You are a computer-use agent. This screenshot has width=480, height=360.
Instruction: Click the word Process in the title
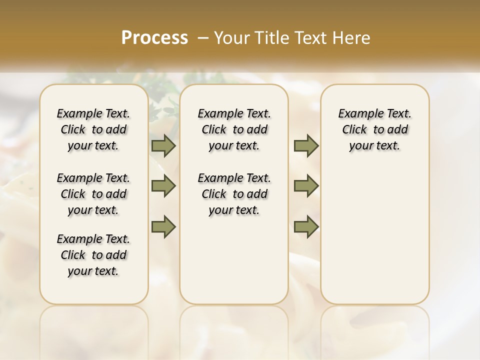tap(154, 37)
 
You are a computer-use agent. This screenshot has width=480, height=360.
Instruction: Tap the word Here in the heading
tap(352, 37)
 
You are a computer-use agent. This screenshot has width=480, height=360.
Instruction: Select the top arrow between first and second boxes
tap(163, 145)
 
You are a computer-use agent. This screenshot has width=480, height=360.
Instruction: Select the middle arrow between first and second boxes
tap(163, 186)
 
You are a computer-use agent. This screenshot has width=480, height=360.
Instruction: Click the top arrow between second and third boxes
tap(306, 145)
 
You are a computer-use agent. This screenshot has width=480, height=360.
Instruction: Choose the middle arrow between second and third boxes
tap(306, 186)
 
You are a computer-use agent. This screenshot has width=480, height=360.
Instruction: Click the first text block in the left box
tap(93, 129)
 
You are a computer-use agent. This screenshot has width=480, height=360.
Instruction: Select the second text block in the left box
tap(93, 194)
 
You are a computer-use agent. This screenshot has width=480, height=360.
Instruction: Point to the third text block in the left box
tap(93, 255)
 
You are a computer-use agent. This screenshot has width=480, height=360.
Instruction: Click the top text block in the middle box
tap(234, 129)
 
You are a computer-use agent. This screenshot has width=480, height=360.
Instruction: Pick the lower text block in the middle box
tap(234, 194)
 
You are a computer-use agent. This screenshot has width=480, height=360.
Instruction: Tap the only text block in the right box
tap(375, 129)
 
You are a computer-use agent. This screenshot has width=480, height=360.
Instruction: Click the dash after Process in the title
tap(203, 37)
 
